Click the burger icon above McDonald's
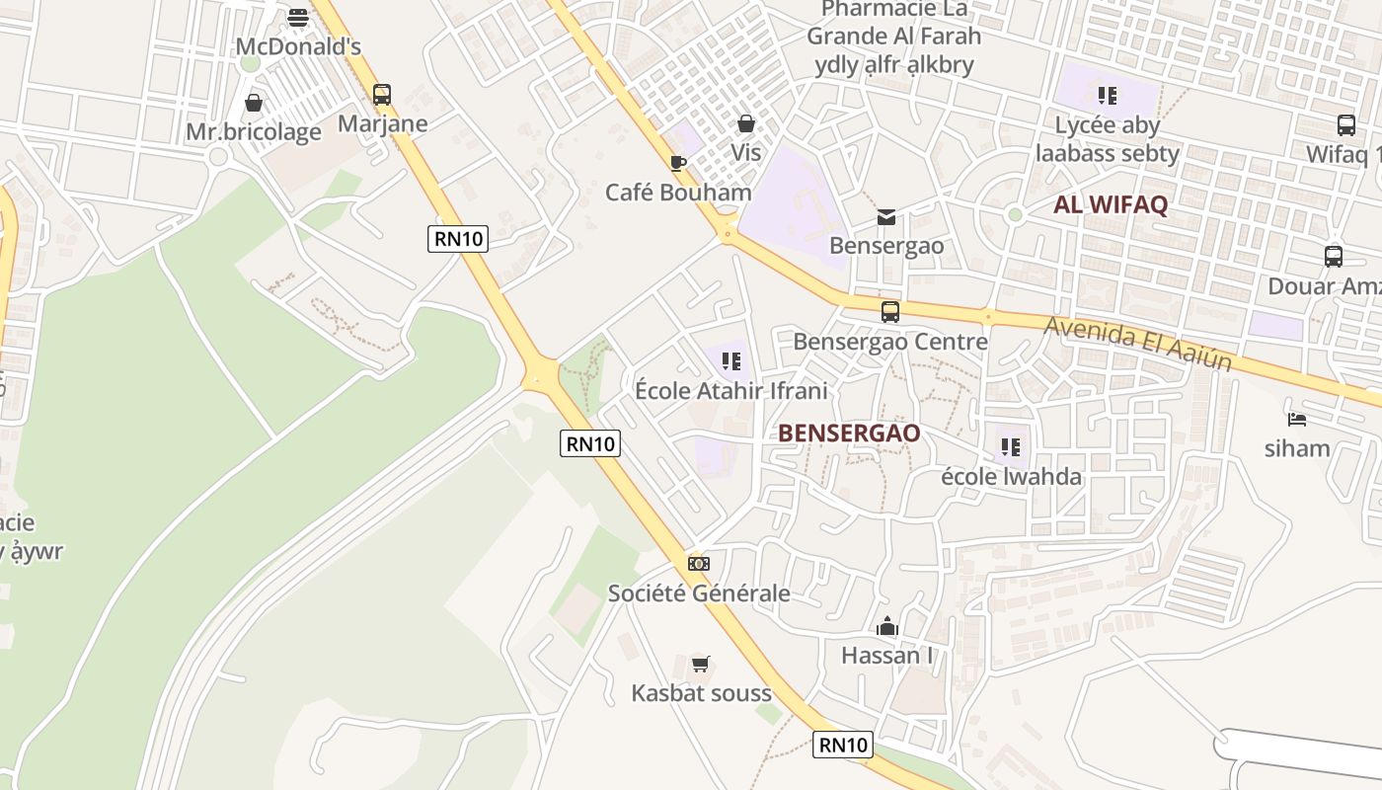click(x=298, y=18)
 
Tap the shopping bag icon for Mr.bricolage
click(x=254, y=103)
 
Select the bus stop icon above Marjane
click(x=382, y=95)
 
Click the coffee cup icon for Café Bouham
click(x=677, y=163)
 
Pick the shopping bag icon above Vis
click(x=746, y=123)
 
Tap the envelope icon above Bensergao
click(x=886, y=217)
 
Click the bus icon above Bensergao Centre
click(x=890, y=312)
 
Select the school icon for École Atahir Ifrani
click(x=730, y=361)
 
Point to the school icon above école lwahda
click(x=1010, y=447)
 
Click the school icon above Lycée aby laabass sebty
click(x=1107, y=96)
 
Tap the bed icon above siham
click(x=1297, y=420)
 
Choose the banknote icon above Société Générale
click(x=699, y=564)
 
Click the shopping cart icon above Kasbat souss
click(x=701, y=664)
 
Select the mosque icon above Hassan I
click(x=886, y=626)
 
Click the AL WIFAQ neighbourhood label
click(x=1111, y=205)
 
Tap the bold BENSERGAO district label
click(x=849, y=433)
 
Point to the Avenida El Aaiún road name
click(x=1137, y=343)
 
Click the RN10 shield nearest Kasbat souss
click(x=843, y=745)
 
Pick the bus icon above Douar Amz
click(x=1334, y=257)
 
